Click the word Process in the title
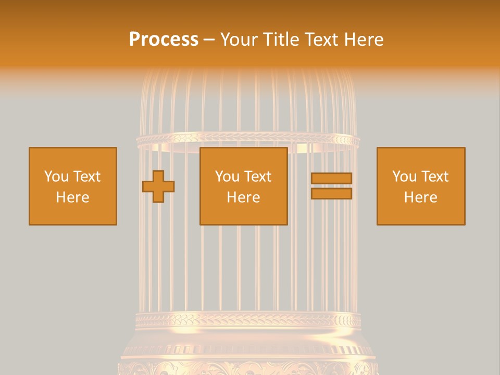(164, 40)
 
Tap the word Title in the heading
(280, 40)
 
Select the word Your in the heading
(239, 40)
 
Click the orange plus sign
(158, 186)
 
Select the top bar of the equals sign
(331, 179)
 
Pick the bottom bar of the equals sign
(331, 194)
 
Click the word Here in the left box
(72, 197)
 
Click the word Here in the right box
(421, 197)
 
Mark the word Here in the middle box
(244, 197)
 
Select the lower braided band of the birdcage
(247, 319)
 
